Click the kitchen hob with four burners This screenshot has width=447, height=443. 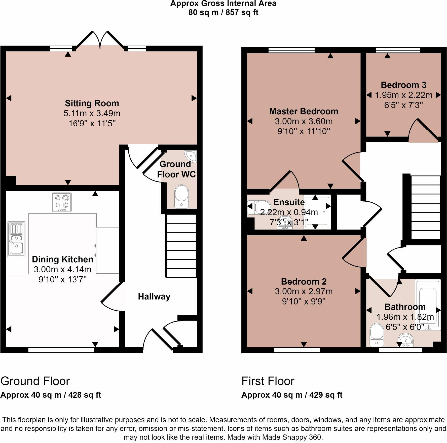62,202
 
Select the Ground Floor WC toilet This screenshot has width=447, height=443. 181,196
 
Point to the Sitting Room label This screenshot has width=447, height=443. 92,103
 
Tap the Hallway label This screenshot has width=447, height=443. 154,297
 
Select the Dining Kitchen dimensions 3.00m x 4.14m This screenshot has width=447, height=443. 62,270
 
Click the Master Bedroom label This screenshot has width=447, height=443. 304,111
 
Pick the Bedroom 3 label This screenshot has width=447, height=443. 403,85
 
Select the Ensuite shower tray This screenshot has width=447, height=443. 317,212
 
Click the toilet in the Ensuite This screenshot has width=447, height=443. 255,207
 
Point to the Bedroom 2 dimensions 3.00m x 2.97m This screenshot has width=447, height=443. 304,291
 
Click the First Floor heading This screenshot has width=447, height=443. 268,381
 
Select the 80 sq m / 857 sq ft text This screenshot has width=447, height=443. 223,12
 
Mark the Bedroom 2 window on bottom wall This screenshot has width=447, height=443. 297,350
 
